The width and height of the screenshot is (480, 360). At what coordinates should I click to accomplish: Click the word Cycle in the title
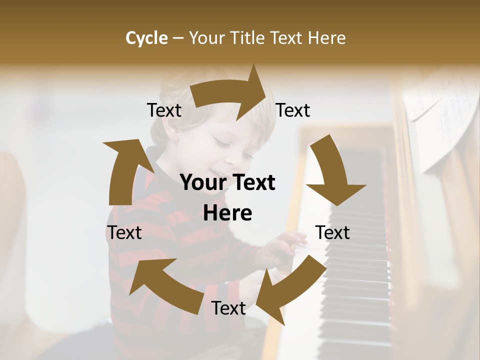coord(146,38)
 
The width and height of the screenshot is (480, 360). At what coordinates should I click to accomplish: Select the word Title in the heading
coord(249,38)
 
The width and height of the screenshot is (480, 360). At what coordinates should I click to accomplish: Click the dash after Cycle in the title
coord(178,38)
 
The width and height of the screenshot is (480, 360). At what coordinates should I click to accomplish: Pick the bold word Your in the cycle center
coord(204,183)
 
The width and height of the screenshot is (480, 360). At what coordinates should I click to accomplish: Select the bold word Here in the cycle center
coord(227,213)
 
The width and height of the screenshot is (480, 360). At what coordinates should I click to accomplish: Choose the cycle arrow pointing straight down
coord(332,172)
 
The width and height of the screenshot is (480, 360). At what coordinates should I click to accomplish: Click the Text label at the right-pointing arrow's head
coord(293,110)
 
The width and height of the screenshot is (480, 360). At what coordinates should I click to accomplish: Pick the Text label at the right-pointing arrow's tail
coord(164,110)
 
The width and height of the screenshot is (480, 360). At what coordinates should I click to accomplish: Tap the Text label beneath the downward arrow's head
coord(332,233)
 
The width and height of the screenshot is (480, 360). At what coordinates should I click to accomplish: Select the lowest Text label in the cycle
coord(228,308)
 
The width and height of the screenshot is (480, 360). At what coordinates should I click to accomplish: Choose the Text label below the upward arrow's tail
coord(124,233)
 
